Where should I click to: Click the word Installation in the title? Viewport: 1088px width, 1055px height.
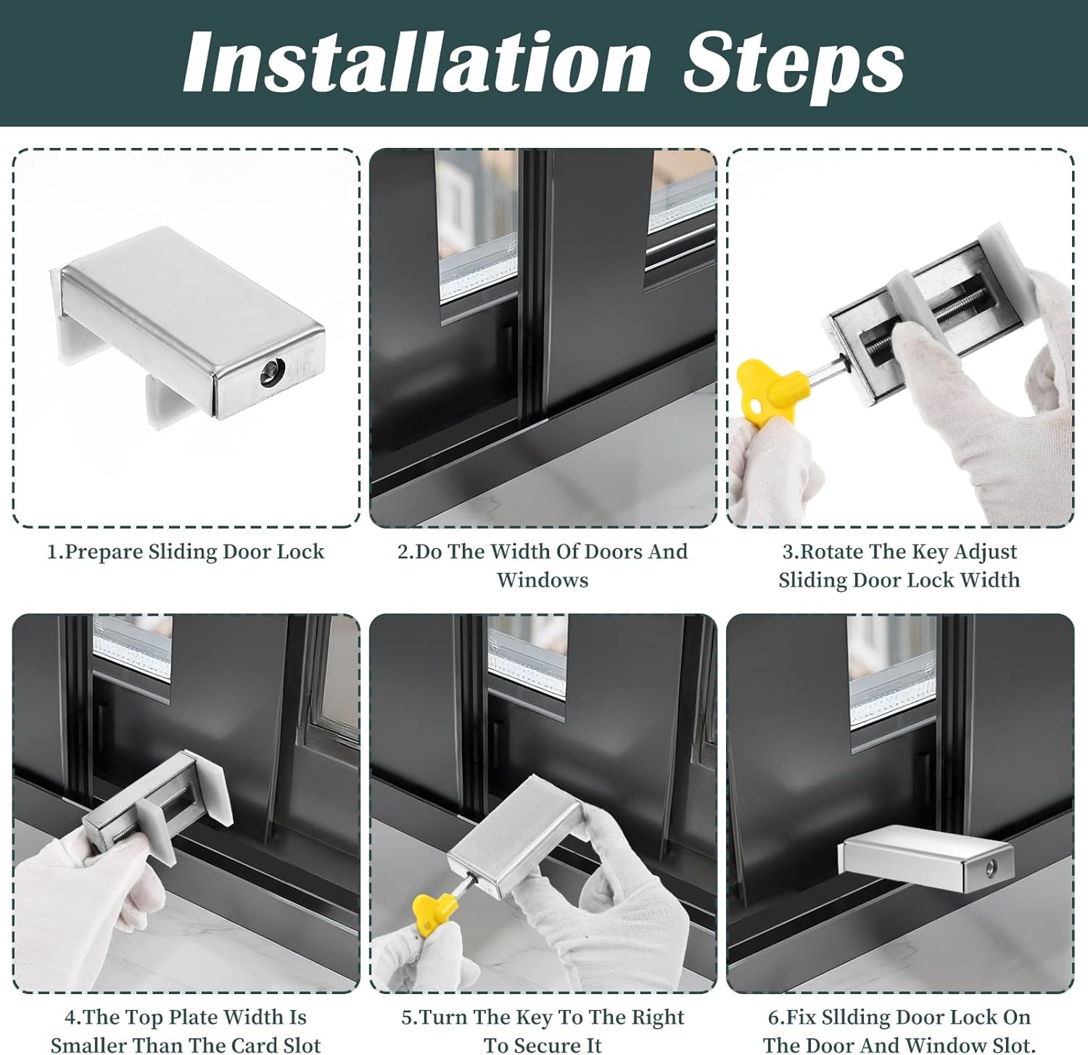(417, 63)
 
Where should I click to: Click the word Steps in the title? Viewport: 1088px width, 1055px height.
(794, 65)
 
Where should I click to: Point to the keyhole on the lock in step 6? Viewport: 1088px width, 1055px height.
(990, 867)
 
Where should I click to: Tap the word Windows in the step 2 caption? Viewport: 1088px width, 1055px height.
(543, 580)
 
